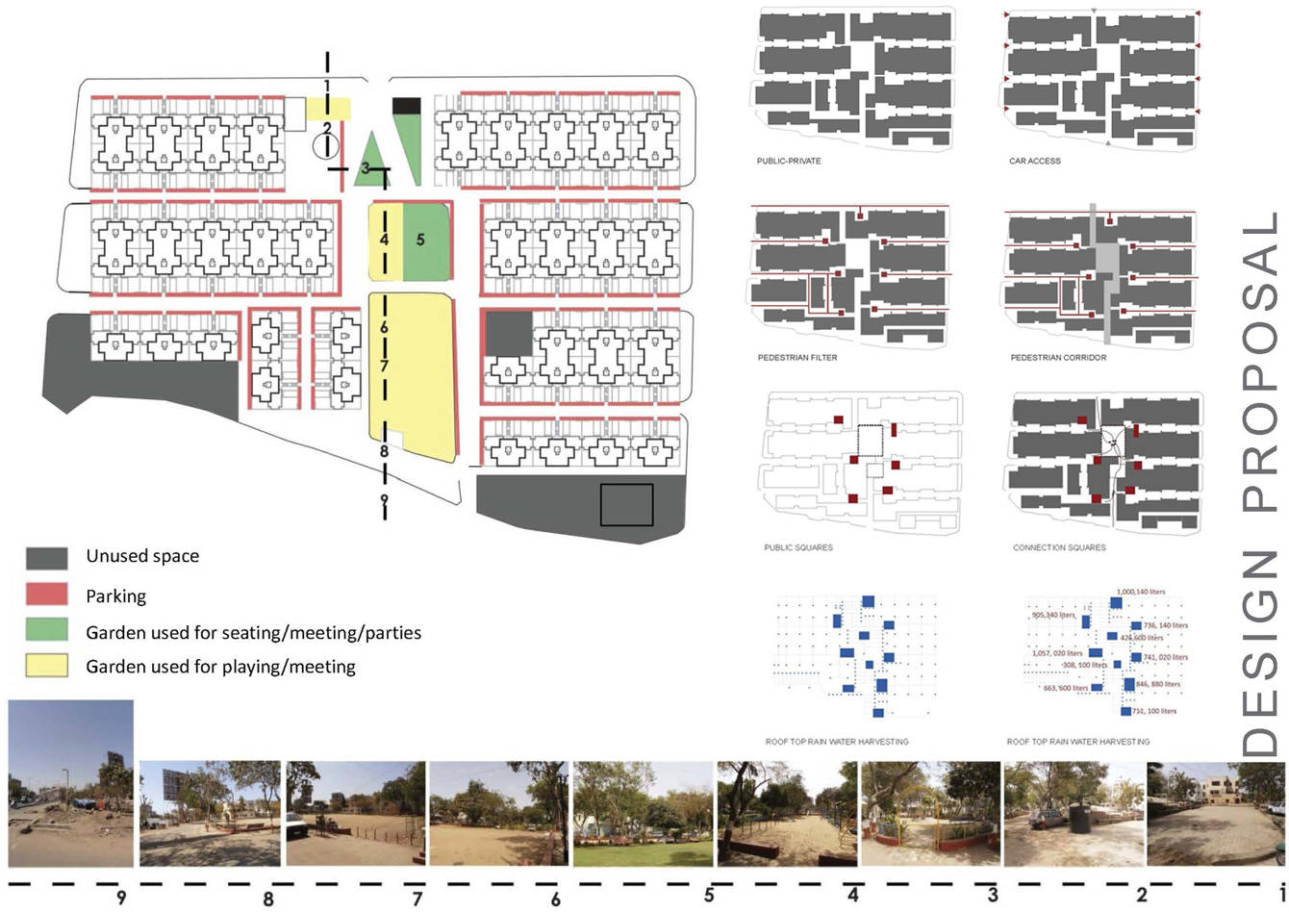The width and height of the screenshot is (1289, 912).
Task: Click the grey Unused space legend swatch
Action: pyautogui.click(x=47, y=558)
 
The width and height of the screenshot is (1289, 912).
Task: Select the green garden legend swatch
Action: pyautogui.click(x=47, y=630)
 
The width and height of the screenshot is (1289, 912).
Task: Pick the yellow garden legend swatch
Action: pyautogui.click(x=47, y=665)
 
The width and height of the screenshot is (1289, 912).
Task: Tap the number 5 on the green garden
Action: pyautogui.click(x=420, y=239)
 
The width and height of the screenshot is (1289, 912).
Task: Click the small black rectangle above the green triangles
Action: pyautogui.click(x=407, y=105)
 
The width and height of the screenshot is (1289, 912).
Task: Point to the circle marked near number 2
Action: pyautogui.click(x=326, y=146)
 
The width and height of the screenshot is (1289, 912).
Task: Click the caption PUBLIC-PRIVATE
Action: pyautogui.click(x=789, y=161)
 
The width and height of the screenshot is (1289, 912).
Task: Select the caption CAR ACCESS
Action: pyautogui.click(x=1035, y=161)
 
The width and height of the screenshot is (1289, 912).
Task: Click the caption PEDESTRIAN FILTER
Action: pyautogui.click(x=797, y=358)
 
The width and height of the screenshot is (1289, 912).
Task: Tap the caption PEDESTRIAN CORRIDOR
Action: pyautogui.click(x=1058, y=358)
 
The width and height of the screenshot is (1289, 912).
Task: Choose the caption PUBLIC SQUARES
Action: pyautogui.click(x=798, y=547)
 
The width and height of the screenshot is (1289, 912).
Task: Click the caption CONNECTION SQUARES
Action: pyautogui.click(x=1059, y=547)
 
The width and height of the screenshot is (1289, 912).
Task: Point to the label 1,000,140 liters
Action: pyautogui.click(x=1141, y=592)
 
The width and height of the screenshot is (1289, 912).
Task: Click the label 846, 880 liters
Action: pyautogui.click(x=1158, y=684)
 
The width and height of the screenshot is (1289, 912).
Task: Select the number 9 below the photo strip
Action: pyautogui.click(x=121, y=899)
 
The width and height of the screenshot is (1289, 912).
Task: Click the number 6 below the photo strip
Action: pyautogui.click(x=556, y=899)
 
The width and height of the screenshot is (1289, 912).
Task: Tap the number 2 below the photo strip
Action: pyautogui.click(x=1142, y=896)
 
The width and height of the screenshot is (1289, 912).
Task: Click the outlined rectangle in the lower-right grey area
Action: pyautogui.click(x=627, y=504)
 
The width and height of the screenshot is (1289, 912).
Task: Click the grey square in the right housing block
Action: pyautogui.click(x=507, y=334)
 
